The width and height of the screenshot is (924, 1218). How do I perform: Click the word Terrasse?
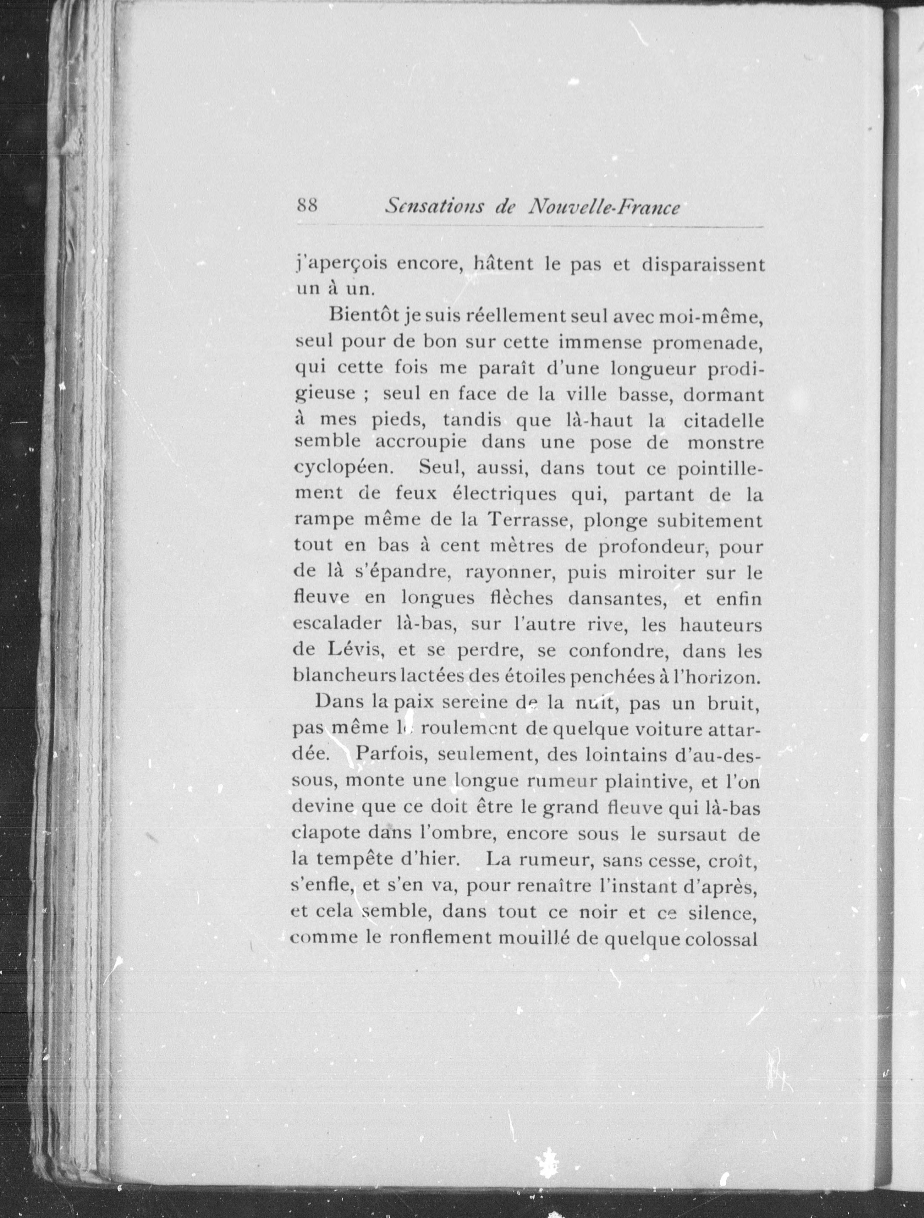tap(528, 520)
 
